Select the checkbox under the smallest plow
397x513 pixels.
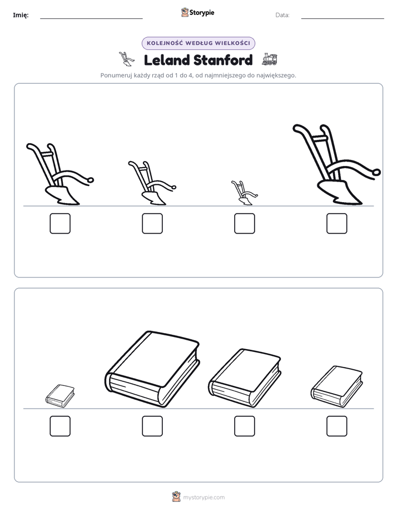click(244, 223)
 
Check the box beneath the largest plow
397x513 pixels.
click(337, 223)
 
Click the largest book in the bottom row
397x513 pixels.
click(153, 369)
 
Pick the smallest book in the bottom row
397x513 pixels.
click(60, 396)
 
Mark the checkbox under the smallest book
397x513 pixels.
click(60, 426)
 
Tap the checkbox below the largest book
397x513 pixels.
click(152, 426)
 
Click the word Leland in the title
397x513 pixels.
click(167, 60)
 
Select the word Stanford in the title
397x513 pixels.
click(223, 60)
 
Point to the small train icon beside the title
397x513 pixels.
click(269, 59)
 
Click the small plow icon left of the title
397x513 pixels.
click(126, 59)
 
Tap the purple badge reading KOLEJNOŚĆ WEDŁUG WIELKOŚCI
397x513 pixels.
click(198, 43)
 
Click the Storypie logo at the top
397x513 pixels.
click(198, 12)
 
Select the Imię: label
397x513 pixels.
click(21, 15)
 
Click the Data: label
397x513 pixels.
click(282, 15)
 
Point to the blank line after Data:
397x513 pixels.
click(343, 19)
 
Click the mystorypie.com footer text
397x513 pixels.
click(204, 497)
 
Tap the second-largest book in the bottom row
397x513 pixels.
click(245, 378)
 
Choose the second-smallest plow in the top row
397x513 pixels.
click(152, 183)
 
